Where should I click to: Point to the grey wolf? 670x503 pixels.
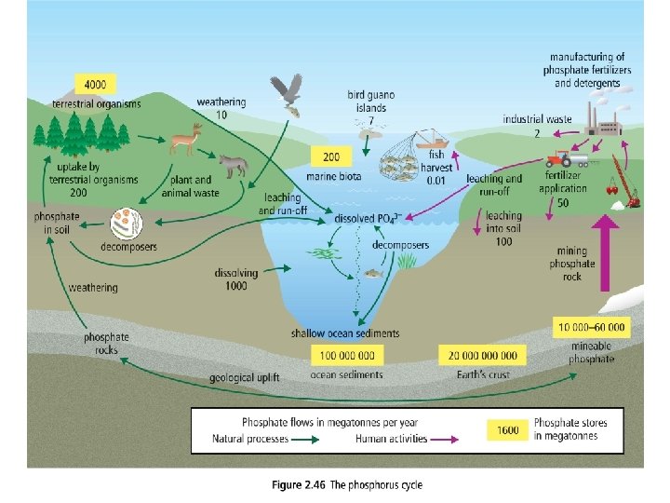pyautogui.click(x=233, y=164)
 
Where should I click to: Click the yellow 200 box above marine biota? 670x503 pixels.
pyautogui.click(x=332, y=156)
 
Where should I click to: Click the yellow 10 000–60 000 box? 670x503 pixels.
pyautogui.click(x=592, y=327)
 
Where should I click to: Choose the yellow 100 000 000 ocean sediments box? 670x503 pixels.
pyautogui.click(x=346, y=355)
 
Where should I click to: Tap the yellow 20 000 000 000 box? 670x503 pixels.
pyautogui.click(x=482, y=355)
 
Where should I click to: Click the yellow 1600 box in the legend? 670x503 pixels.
pyautogui.click(x=508, y=429)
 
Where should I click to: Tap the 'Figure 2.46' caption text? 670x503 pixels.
pyautogui.click(x=346, y=483)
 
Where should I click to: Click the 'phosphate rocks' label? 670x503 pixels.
pyautogui.click(x=107, y=343)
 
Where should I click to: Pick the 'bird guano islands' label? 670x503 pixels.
pyautogui.click(x=370, y=107)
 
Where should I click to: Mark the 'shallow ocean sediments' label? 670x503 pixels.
pyautogui.click(x=345, y=333)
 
